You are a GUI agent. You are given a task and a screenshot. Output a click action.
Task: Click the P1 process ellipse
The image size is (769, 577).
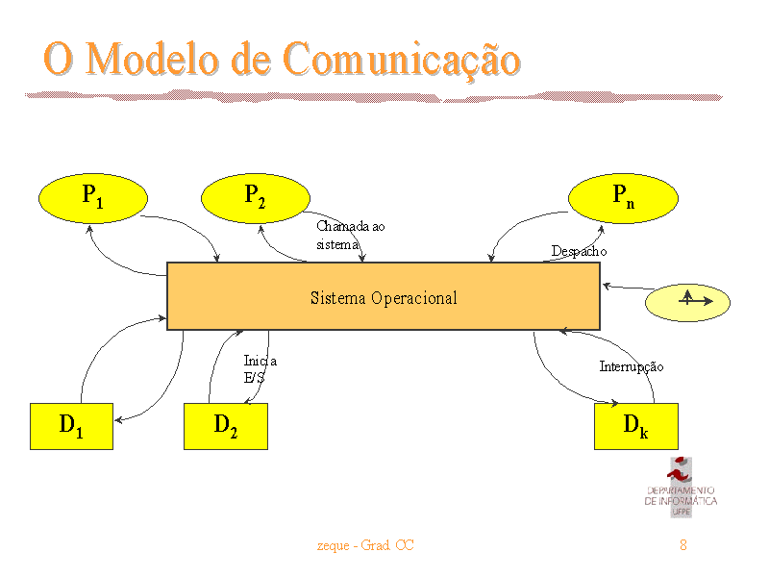93,198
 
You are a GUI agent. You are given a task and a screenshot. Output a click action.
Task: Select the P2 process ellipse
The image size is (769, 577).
256,198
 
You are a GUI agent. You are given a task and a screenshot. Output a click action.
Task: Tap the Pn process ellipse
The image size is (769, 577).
623,198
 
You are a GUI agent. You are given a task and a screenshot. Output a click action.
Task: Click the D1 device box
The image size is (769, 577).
71,426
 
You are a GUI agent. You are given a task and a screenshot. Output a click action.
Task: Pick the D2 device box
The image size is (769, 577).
226,426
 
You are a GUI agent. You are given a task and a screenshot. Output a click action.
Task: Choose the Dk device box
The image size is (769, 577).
636,426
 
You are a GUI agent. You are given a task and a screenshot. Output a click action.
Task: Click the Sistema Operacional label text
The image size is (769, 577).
384,298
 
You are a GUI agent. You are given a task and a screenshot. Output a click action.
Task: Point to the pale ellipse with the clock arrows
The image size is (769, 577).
687,302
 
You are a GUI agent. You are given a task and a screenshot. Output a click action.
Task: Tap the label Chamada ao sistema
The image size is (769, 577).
350,235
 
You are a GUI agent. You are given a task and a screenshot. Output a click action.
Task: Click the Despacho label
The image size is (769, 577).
579,251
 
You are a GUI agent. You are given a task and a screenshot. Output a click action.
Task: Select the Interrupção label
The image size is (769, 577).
632,367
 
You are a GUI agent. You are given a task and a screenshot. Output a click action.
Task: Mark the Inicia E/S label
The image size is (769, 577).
260,369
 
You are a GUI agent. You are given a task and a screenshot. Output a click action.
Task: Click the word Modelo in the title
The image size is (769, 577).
153,59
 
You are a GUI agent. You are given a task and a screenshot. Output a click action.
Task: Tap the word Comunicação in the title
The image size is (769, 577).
402,60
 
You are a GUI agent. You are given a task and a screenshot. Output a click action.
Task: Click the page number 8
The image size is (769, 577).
683,544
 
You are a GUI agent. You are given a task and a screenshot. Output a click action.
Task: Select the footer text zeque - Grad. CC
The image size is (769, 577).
365,545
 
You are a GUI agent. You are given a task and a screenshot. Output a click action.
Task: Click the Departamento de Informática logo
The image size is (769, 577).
681,488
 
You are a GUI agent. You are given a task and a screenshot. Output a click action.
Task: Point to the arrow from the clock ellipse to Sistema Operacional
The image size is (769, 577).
629,287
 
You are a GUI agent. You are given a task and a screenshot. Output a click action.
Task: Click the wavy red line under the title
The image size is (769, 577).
374,96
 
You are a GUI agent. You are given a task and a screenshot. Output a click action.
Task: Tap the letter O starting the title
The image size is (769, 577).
59,59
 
